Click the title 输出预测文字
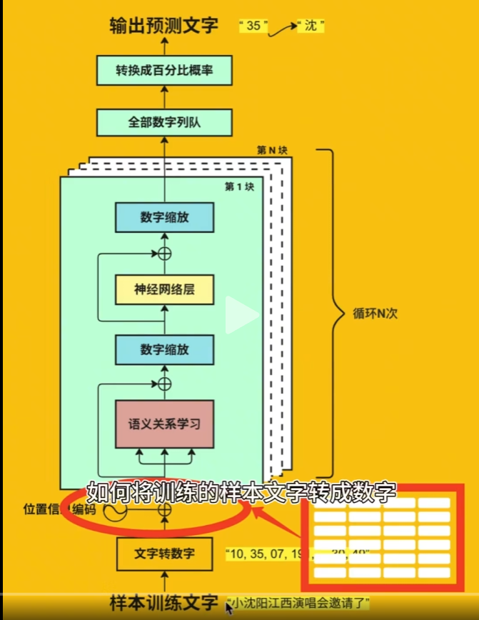tap(164, 26)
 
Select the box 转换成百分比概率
tap(165, 71)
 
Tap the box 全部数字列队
tap(165, 122)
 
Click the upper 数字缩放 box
tap(165, 217)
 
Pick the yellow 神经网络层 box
tap(165, 289)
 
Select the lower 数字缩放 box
tap(165, 349)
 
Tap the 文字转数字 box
tap(165, 553)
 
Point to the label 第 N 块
tap(272, 151)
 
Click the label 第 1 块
tap(239, 186)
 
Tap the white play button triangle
tap(241, 315)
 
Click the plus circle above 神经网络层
tap(165, 253)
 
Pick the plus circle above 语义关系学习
tap(165, 384)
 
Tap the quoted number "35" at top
tap(253, 26)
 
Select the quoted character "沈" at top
tap(310, 26)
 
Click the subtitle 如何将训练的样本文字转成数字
tap(241, 493)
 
